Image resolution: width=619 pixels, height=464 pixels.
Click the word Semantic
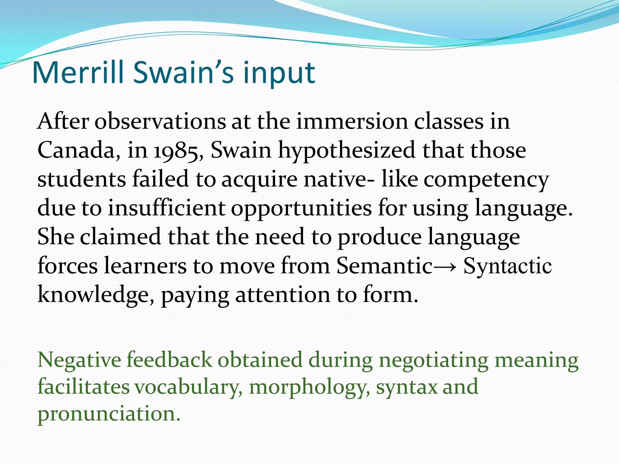(x=384, y=266)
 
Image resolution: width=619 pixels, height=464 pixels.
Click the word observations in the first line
(x=160, y=121)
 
